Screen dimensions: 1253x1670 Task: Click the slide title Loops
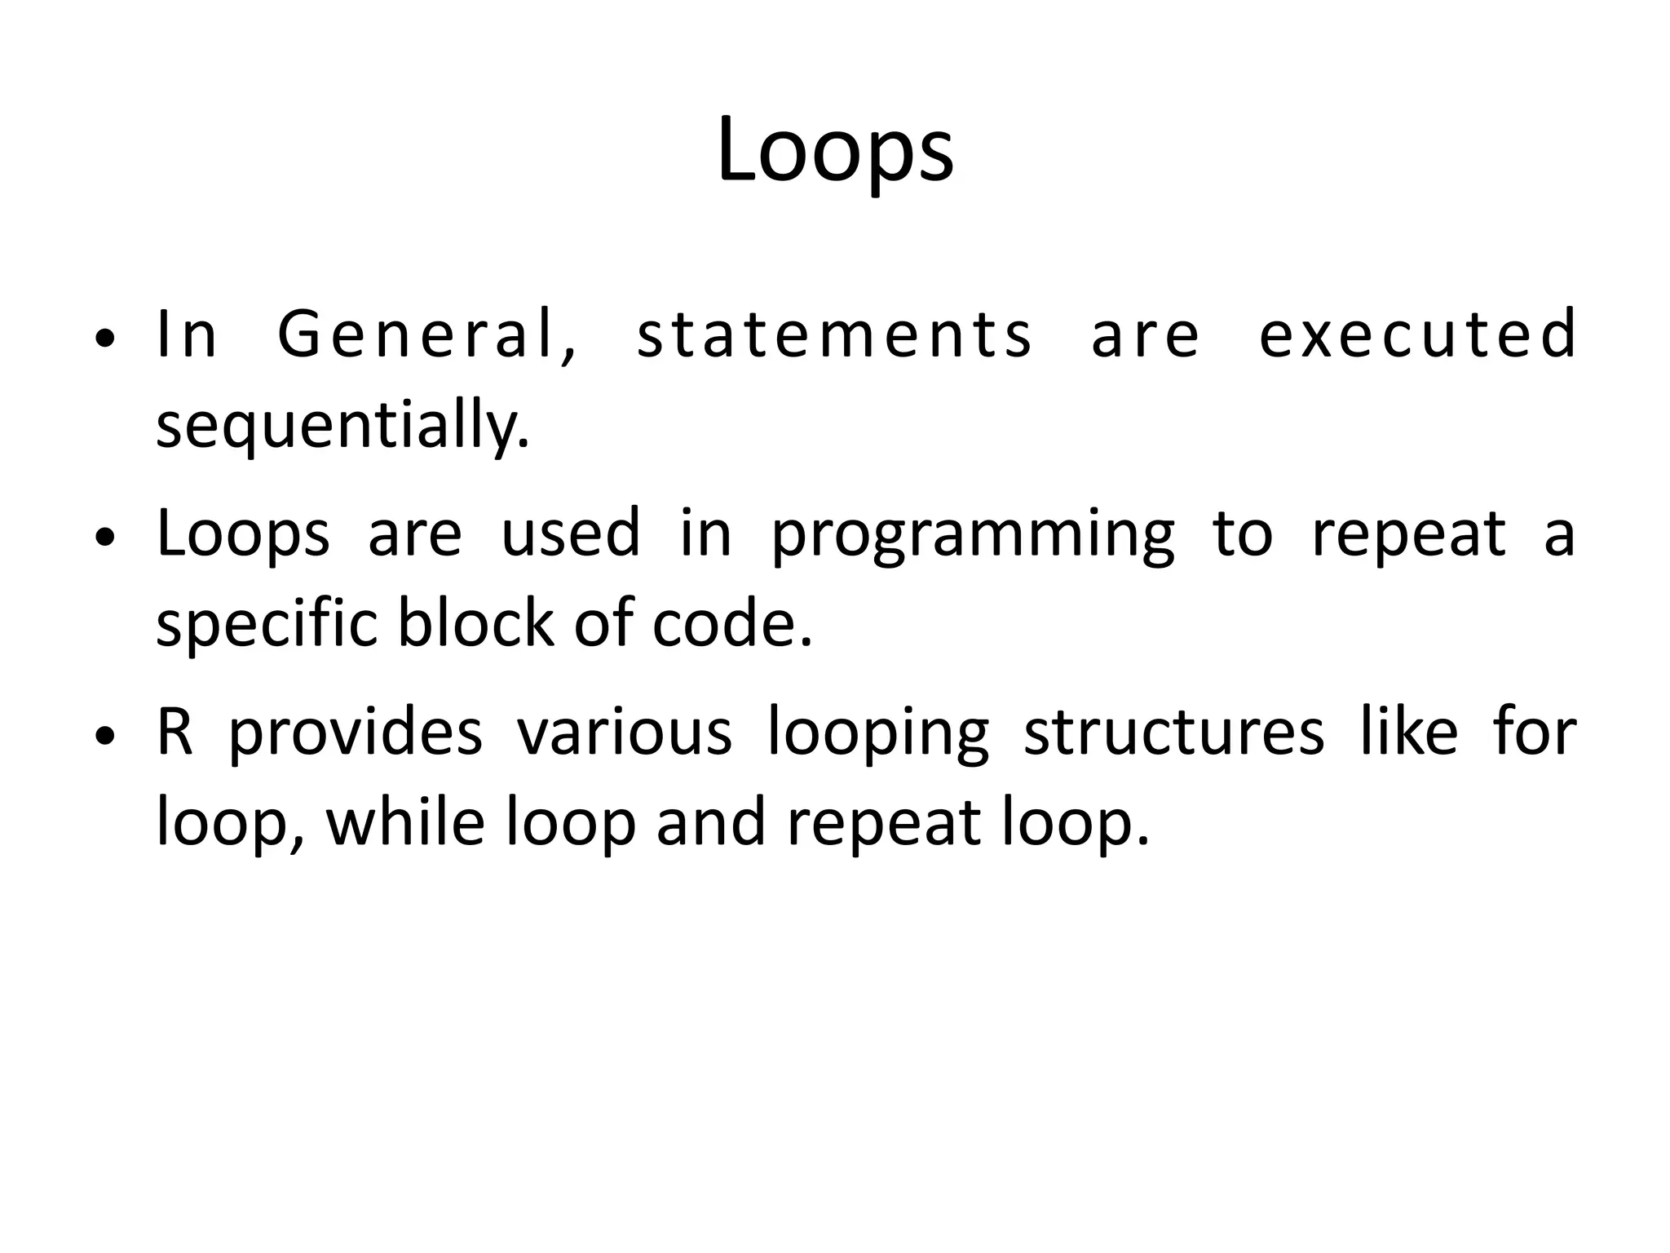point(835,151)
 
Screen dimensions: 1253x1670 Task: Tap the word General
point(428,334)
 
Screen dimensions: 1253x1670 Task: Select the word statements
point(834,334)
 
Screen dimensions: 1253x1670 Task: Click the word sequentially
point(342,426)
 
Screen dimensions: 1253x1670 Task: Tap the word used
point(570,534)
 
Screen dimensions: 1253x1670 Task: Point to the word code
point(732,625)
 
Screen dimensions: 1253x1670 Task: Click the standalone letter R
point(175,732)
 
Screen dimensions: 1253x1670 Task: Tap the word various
point(625,732)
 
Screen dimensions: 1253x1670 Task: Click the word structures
point(1174,732)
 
